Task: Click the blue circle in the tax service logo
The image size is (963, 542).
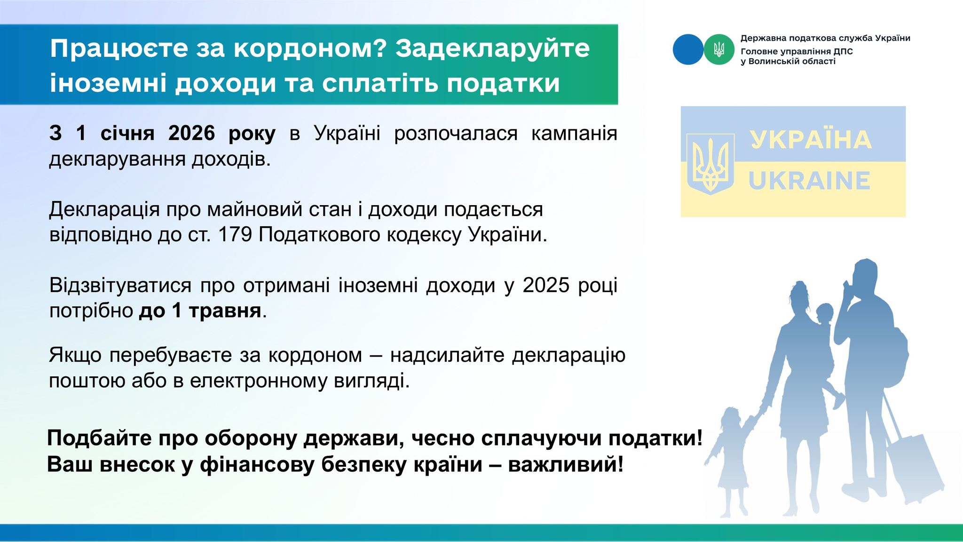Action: (688, 49)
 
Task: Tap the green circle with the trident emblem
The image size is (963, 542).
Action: (719, 49)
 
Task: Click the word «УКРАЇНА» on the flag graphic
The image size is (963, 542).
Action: (811, 140)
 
